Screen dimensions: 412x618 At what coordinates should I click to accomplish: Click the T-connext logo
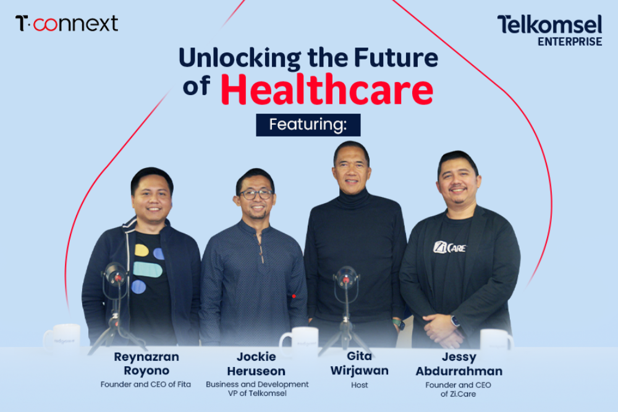point(67,24)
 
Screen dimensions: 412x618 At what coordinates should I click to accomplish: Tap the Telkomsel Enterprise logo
point(549,30)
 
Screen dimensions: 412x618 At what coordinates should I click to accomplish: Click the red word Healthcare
point(327,90)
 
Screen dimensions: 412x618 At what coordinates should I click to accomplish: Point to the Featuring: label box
point(308,125)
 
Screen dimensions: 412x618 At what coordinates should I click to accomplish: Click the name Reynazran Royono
point(146,364)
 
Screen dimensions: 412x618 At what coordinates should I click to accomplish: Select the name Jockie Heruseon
point(256,364)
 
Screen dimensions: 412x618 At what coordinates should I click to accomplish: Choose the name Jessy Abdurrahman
point(458,364)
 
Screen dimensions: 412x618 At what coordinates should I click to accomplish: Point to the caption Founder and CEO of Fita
point(146,384)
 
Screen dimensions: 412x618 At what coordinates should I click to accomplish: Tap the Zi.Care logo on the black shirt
point(449,248)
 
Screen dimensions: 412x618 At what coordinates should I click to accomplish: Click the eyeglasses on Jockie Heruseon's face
point(256,194)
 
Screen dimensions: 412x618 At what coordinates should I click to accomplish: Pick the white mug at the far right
point(496,339)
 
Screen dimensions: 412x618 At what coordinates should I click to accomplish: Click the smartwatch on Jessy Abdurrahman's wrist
point(455,321)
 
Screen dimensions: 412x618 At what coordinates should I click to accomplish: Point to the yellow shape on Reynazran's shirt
point(142,250)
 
